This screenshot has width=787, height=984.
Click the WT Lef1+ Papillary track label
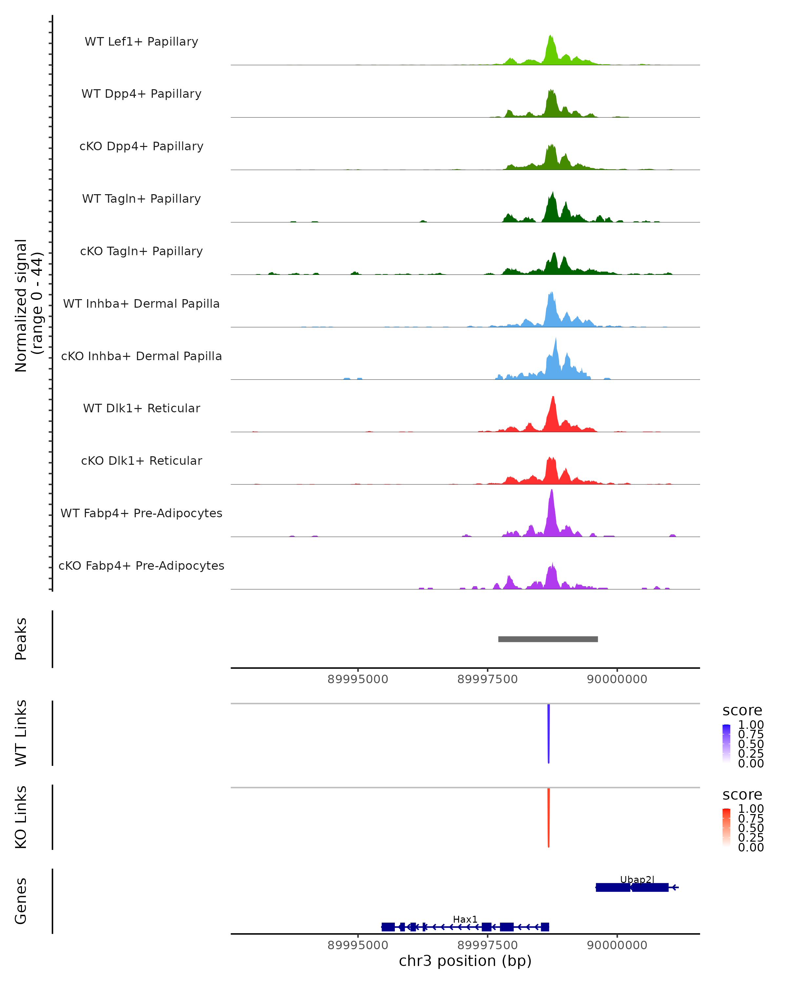click(x=141, y=42)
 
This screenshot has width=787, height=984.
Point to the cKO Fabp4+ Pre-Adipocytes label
click(x=141, y=565)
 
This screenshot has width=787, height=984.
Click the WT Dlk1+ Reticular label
click(x=141, y=408)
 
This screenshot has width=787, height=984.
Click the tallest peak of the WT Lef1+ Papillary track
click(x=551, y=36)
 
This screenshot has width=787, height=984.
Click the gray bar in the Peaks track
click(x=548, y=639)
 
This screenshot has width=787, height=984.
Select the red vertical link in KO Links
click(x=548, y=817)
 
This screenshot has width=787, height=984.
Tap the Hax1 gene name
click(x=465, y=919)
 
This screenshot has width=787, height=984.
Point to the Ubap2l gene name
click(x=637, y=879)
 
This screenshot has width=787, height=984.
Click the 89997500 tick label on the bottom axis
click(x=487, y=945)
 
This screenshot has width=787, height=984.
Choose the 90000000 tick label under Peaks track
click(x=617, y=679)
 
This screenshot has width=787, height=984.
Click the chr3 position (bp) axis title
click(x=465, y=961)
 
